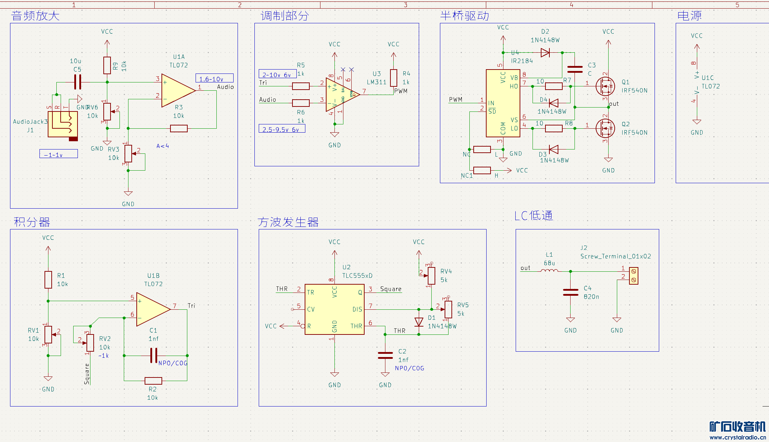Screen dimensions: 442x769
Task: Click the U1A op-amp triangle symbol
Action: [x=177, y=90]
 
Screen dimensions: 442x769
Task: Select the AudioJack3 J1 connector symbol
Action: [x=63, y=124]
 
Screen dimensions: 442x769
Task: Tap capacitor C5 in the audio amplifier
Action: [x=78, y=82]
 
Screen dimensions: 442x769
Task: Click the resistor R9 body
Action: [x=107, y=65]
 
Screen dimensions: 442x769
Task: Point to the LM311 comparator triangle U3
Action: [x=341, y=95]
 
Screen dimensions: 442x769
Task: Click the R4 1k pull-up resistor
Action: [x=394, y=78]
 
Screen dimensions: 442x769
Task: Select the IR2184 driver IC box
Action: [x=503, y=103]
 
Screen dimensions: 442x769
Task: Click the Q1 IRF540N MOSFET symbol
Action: [x=605, y=86]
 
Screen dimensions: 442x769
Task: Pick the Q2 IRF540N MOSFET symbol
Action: [x=605, y=128]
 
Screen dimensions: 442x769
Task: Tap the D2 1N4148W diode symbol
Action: [x=545, y=53]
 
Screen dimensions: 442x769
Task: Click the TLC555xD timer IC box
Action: [x=334, y=309]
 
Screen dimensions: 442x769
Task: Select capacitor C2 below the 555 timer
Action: [x=385, y=355]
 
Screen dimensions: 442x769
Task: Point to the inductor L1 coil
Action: [x=549, y=271]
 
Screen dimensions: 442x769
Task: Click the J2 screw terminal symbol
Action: [x=634, y=276]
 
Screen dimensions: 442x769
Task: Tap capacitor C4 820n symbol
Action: [x=571, y=292]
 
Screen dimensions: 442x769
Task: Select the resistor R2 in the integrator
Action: [x=153, y=381]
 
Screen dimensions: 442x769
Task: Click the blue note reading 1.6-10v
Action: [x=214, y=79]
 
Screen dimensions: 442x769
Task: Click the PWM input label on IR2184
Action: [x=456, y=99]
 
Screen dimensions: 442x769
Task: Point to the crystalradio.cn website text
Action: [x=737, y=437]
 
